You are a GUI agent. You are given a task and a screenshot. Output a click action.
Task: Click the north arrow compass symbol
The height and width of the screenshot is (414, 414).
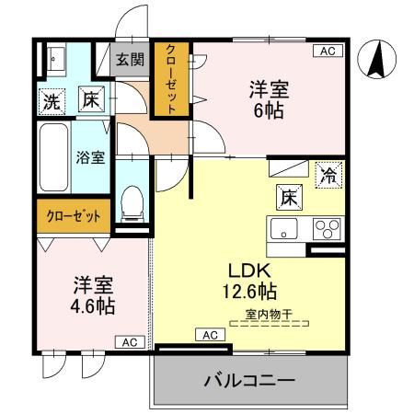tap(375, 62)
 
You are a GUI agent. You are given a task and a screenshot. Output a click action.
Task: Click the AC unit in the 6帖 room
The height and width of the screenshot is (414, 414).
tap(325, 52)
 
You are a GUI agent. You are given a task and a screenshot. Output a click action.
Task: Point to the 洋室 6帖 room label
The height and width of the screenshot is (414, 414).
tap(269, 98)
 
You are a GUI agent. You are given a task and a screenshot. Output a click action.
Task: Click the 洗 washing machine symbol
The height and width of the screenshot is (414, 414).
tap(51, 100)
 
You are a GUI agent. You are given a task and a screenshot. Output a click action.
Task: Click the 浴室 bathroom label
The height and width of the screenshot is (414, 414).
tap(89, 156)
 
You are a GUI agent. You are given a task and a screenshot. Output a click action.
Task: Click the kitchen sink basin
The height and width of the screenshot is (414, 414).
tap(281, 228)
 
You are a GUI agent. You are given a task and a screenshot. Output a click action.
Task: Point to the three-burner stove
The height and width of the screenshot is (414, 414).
tap(325, 228)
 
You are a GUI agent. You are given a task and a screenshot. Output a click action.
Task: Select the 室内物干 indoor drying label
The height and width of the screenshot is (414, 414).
tap(269, 315)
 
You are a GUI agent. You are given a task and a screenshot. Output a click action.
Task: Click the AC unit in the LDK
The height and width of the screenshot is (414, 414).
tap(210, 335)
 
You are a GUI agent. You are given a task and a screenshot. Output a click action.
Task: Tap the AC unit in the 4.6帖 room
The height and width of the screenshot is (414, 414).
tap(130, 342)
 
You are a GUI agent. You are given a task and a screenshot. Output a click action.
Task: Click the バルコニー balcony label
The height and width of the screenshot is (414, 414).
tap(248, 380)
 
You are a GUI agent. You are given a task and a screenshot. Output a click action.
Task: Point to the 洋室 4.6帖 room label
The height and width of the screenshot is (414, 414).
tap(89, 295)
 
